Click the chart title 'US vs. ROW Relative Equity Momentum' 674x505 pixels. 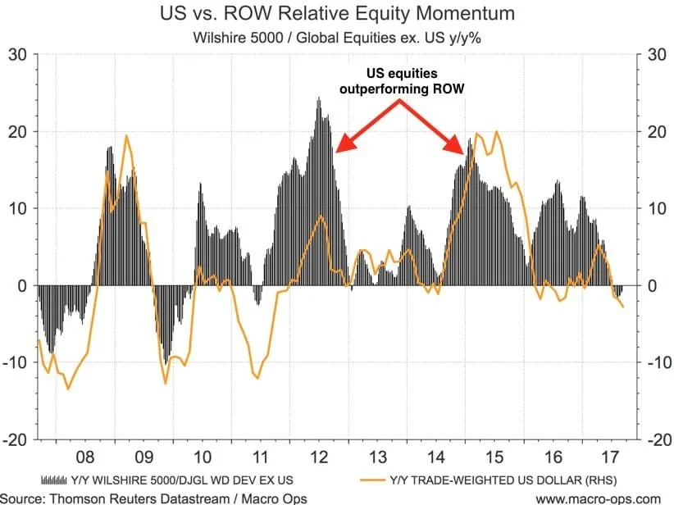(x=337, y=14)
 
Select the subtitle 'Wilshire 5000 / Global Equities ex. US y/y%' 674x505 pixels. (x=337, y=37)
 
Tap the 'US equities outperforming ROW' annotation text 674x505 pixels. (x=399, y=82)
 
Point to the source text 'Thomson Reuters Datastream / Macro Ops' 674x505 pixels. (x=121, y=497)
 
